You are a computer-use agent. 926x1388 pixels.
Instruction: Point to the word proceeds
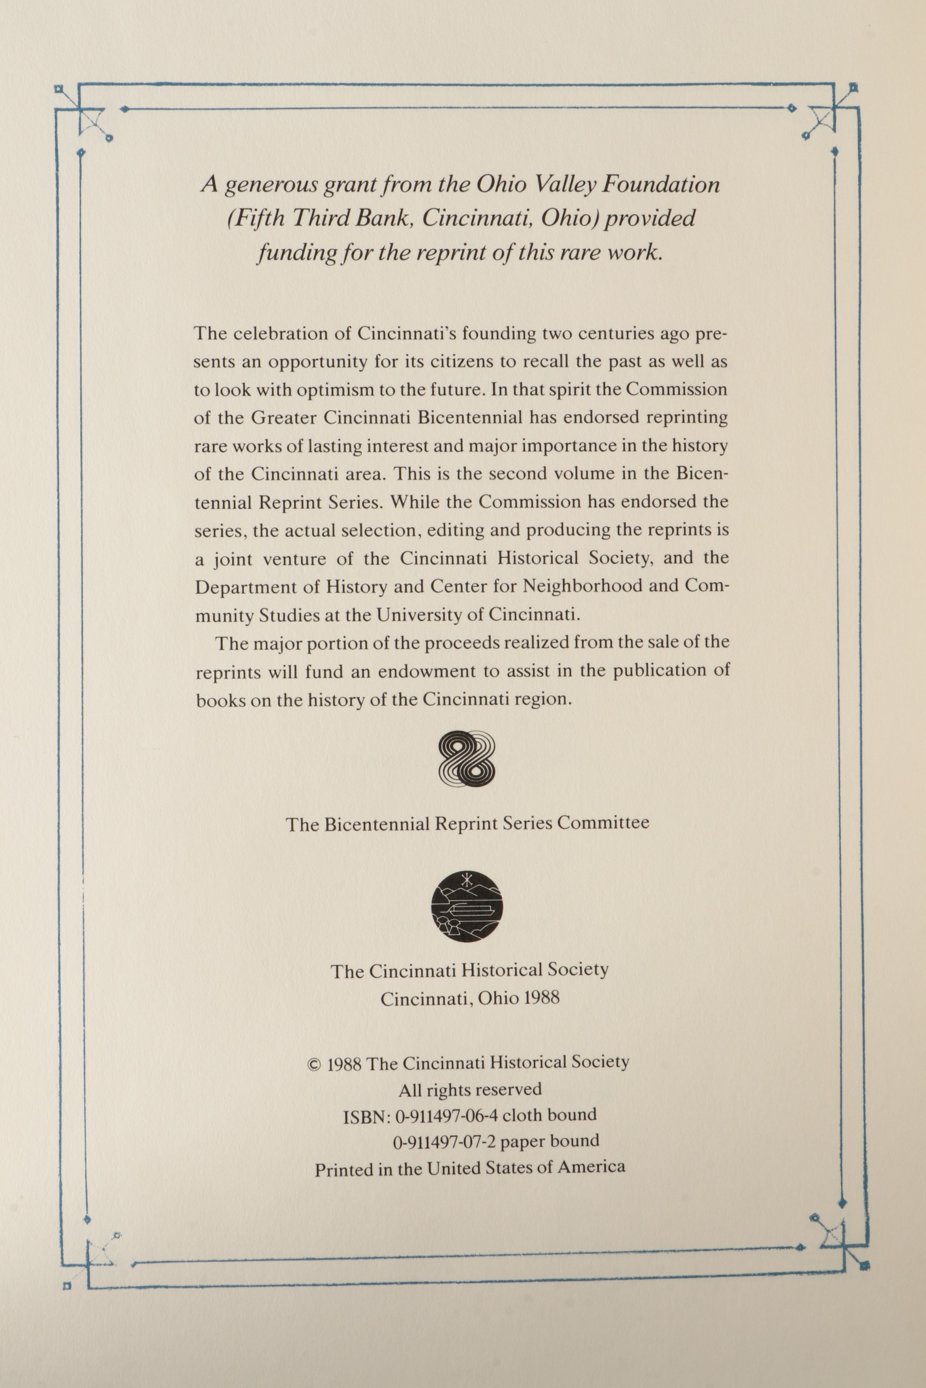pyautogui.click(x=461, y=643)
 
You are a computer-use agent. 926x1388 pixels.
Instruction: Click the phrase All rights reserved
pyautogui.click(x=470, y=1089)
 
